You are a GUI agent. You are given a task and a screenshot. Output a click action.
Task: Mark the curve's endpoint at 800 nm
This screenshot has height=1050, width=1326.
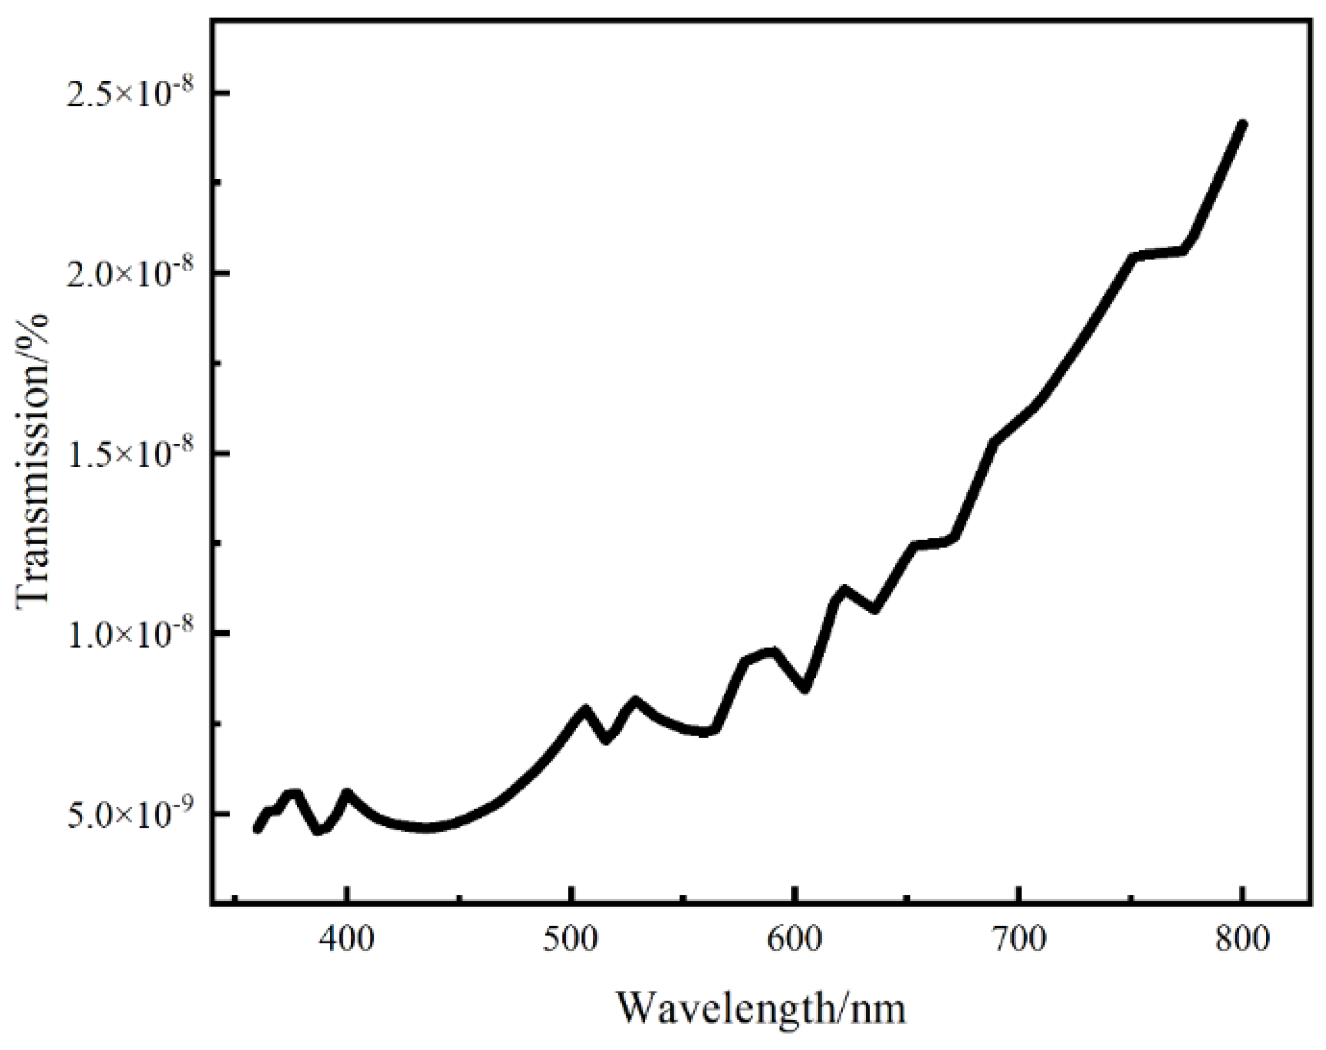point(1242,125)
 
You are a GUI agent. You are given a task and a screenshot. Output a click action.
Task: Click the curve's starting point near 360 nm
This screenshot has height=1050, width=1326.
point(258,829)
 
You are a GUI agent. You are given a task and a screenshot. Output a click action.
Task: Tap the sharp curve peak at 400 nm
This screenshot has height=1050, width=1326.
point(347,793)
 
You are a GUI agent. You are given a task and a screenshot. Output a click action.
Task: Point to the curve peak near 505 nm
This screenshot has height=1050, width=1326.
point(584,710)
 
